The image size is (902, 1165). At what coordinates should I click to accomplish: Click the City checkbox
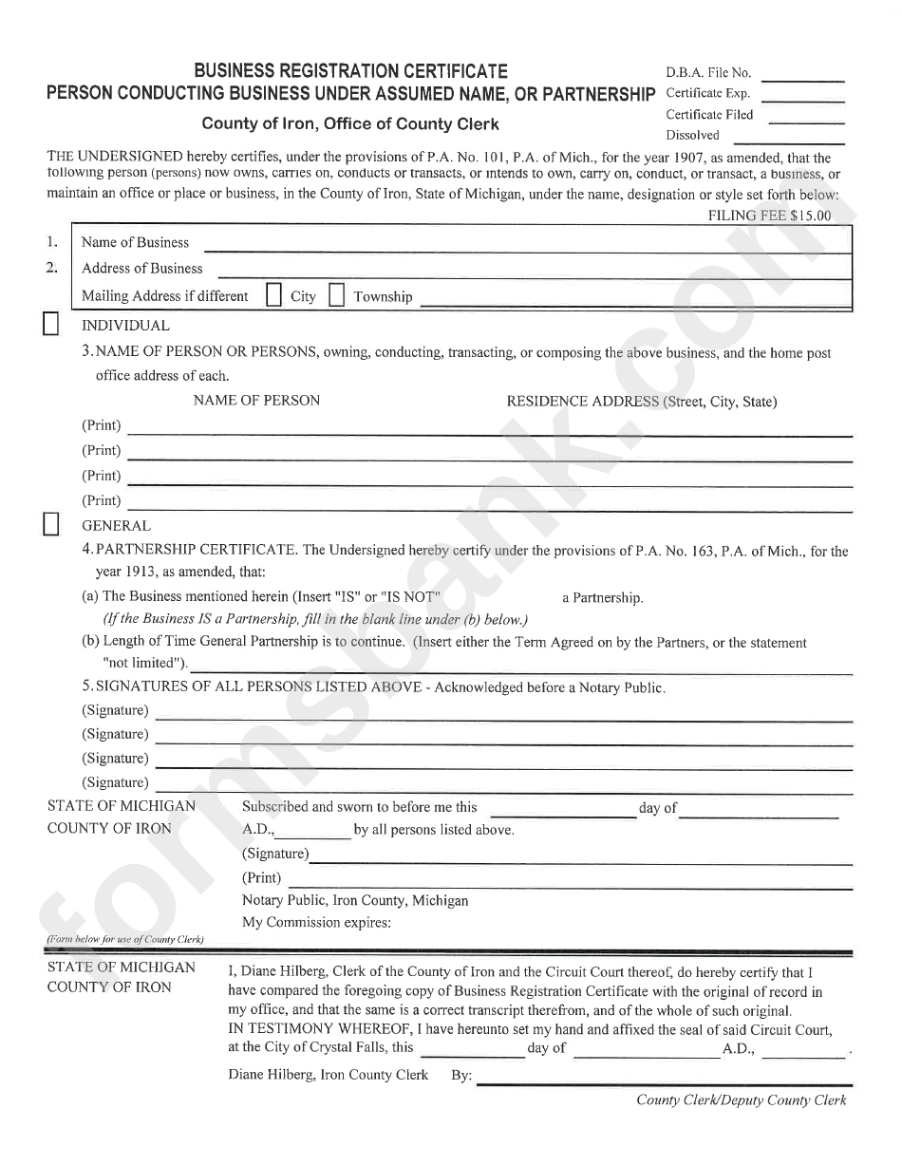tap(273, 295)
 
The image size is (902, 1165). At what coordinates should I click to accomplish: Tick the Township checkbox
tap(336, 295)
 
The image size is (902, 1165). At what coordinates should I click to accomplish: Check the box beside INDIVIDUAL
tap(52, 325)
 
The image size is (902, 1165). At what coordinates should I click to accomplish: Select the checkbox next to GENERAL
tap(52, 525)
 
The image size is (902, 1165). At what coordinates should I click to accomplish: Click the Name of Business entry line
tap(527, 250)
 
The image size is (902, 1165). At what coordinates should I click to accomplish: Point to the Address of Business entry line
tap(527, 275)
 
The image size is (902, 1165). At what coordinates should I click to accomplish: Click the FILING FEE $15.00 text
tap(769, 216)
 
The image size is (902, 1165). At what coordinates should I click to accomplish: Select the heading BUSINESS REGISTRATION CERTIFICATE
tap(350, 71)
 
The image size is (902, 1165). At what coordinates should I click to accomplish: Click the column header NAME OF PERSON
tap(256, 401)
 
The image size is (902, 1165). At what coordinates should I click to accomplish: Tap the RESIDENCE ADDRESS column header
tap(641, 402)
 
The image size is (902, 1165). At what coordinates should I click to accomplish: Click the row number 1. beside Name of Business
tap(53, 242)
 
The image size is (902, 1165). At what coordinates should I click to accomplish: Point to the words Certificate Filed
tap(709, 114)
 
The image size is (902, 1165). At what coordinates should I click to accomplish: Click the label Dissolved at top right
tap(692, 135)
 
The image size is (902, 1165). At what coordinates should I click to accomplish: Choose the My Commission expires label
tap(317, 922)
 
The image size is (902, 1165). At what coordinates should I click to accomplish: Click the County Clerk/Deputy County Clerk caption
tap(741, 1100)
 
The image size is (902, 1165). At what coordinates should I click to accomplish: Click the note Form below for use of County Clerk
tap(125, 939)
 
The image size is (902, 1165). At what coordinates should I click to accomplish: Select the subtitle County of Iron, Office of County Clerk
tap(349, 123)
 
